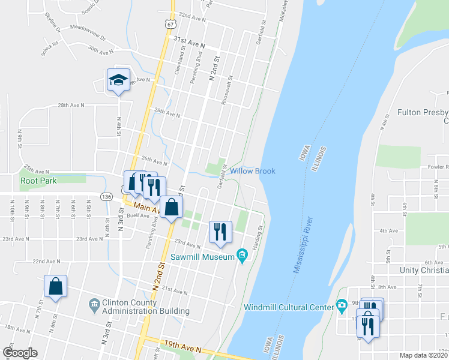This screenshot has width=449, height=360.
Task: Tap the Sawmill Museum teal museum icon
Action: point(242,257)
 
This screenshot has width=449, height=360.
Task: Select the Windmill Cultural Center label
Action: point(289,307)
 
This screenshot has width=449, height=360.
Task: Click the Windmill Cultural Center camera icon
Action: point(342,306)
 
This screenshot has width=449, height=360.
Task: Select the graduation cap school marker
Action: point(118,80)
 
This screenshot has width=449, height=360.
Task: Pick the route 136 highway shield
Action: point(106,196)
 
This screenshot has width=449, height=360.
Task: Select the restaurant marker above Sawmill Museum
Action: point(220,232)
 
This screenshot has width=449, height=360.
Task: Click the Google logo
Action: point(20,353)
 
